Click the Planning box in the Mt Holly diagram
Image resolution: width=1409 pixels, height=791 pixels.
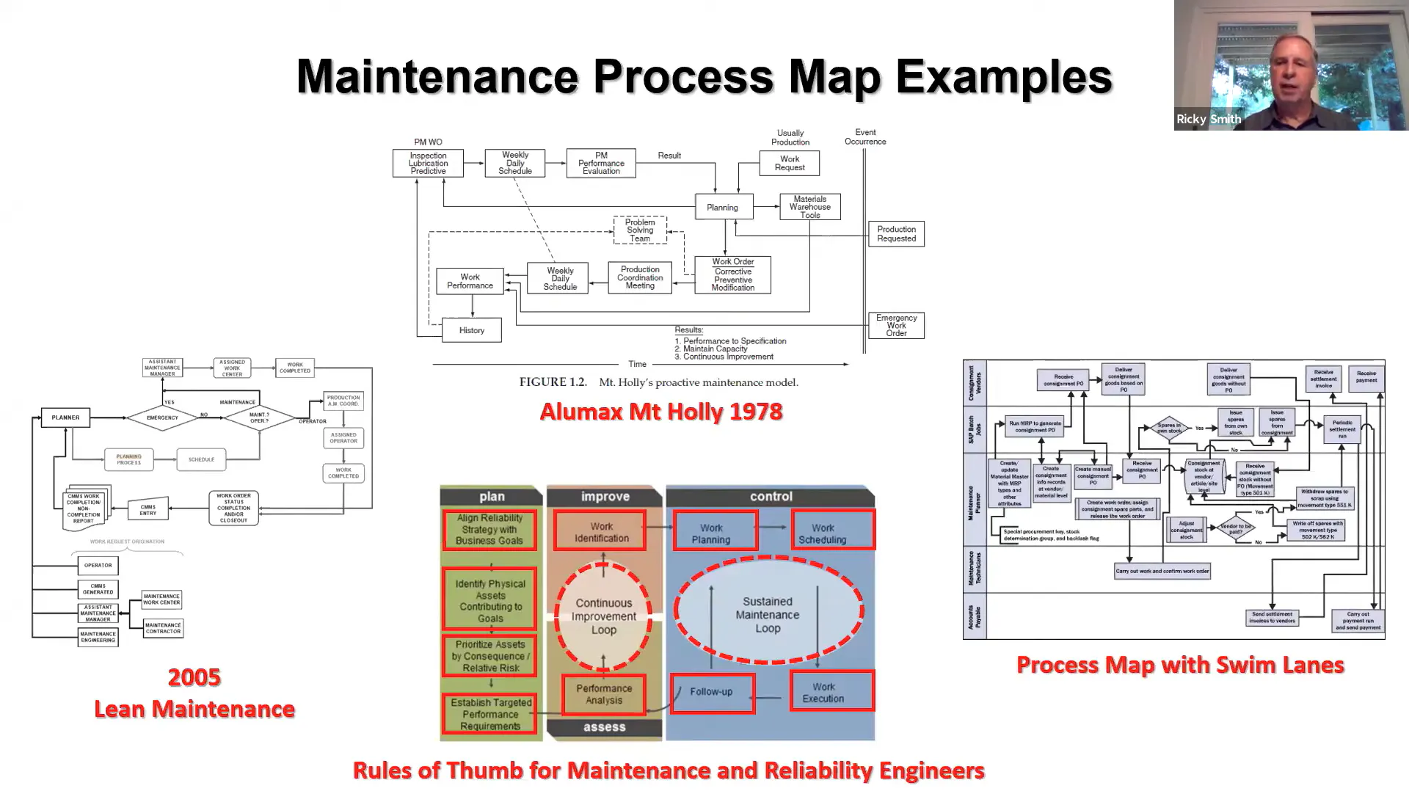723,207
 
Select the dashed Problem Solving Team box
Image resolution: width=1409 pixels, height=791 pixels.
640,230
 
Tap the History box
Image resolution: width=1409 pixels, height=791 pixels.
472,330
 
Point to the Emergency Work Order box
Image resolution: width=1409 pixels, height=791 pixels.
896,325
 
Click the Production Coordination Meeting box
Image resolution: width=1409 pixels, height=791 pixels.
640,278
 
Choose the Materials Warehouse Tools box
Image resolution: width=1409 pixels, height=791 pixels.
809,207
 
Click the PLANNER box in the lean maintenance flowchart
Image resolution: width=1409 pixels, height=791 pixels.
65,418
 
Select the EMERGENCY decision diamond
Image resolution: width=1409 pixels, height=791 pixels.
162,418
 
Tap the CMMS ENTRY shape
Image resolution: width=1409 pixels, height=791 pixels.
148,509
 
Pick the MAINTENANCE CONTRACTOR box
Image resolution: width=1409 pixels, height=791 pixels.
163,628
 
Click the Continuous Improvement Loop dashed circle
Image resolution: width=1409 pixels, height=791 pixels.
603,616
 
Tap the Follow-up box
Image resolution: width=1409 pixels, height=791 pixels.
712,692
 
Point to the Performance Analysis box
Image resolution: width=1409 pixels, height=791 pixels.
604,694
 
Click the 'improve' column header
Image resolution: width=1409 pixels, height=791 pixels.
605,497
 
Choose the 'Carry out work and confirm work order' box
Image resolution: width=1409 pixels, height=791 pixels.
1162,571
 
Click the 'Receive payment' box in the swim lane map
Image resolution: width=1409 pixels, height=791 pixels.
1366,376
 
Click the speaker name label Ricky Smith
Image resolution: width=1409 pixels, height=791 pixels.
1209,119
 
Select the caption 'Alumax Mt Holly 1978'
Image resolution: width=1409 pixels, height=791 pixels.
660,412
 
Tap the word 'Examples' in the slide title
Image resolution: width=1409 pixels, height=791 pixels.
1003,76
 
